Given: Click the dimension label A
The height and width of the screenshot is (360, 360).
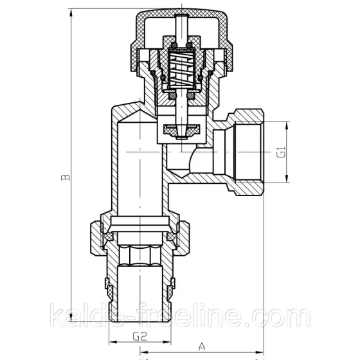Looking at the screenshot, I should [x=202, y=346].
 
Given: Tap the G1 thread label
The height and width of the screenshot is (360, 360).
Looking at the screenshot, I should [x=281, y=154].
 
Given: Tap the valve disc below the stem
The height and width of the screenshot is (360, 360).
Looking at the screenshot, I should [x=179, y=130].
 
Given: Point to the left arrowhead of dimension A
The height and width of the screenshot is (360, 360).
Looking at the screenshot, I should [x=143, y=352].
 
